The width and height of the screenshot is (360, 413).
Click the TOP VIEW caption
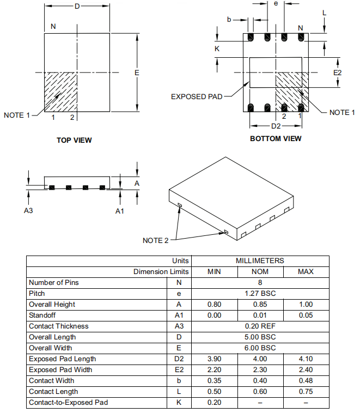74,140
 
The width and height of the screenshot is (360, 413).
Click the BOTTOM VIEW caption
276,138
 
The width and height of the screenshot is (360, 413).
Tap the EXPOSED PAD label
197,97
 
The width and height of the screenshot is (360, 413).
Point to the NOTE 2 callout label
156,240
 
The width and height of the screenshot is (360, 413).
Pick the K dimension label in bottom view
217,48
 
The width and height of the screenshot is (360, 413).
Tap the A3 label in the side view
29,211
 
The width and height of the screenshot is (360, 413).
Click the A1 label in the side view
120,211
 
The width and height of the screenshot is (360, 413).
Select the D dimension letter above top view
77,6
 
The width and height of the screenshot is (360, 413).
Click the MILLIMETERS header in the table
260,261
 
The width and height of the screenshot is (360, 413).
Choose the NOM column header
260,272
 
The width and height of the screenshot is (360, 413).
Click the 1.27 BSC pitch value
260,294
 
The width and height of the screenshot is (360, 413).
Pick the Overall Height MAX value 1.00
306,305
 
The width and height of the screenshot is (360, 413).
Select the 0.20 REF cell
260,326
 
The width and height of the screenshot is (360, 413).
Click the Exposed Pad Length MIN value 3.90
214,359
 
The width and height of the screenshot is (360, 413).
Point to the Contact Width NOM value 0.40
260,381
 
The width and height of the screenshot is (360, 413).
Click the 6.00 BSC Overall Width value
260,348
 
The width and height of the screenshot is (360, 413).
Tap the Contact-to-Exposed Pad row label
68,403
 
